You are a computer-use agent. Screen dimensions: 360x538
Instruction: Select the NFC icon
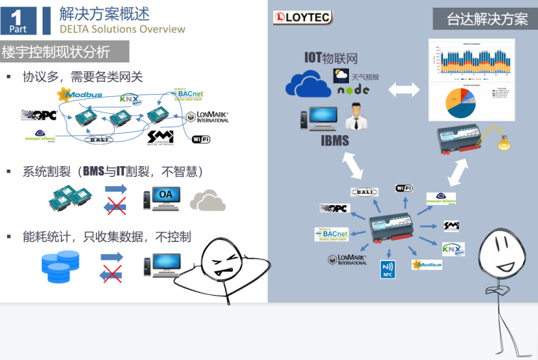[x=388, y=269]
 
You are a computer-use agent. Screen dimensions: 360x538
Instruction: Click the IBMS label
[x=335, y=140]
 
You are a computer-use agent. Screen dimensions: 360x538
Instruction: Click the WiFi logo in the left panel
[x=201, y=139]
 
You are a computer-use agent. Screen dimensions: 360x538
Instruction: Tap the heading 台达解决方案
[x=487, y=19]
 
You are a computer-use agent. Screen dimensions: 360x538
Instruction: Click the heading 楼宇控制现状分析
[x=57, y=52]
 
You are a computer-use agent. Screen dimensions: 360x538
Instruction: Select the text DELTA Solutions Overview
[x=122, y=29]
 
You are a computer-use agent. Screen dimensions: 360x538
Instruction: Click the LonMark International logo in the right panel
[x=348, y=260]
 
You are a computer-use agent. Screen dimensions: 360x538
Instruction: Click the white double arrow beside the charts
[x=403, y=90]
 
